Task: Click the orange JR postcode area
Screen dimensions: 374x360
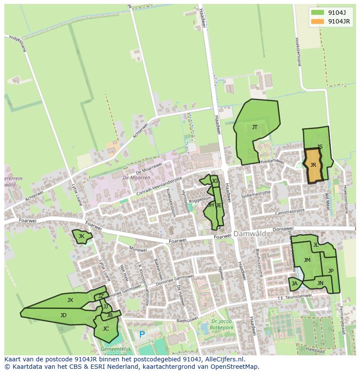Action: click(x=313, y=165)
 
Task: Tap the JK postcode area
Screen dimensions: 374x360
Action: click(x=81, y=236)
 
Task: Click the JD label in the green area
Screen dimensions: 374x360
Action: click(x=63, y=315)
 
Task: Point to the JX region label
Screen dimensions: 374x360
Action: click(x=70, y=300)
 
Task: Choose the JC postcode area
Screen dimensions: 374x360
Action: click(x=106, y=329)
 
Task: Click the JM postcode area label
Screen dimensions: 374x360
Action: click(x=307, y=260)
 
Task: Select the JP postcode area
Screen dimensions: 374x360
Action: click(x=331, y=271)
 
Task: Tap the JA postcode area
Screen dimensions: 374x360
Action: click(x=295, y=284)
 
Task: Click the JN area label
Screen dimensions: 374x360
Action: click(x=320, y=283)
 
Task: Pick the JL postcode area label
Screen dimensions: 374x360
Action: click(x=316, y=245)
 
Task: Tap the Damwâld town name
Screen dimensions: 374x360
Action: click(x=250, y=234)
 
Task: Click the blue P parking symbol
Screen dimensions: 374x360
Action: click(x=142, y=335)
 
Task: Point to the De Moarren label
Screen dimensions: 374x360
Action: click(x=136, y=178)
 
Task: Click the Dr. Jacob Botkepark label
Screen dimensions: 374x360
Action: click(x=220, y=324)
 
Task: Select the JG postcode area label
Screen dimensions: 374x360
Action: click(x=215, y=181)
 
